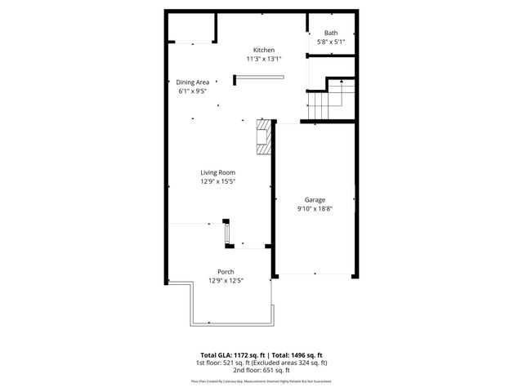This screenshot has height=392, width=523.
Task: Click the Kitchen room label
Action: click(x=263, y=50)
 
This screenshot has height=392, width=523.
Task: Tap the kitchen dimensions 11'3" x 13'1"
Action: click(x=263, y=59)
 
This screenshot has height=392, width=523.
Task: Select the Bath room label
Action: click(x=330, y=33)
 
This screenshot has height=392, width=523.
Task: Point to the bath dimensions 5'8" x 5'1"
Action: click(x=330, y=42)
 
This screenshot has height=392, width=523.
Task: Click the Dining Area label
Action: click(x=193, y=82)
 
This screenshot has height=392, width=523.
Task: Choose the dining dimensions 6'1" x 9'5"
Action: click(x=193, y=91)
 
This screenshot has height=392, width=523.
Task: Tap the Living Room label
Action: click(x=218, y=172)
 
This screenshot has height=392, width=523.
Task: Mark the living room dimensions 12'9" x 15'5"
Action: click(x=218, y=181)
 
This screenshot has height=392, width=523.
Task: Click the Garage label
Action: click(x=315, y=199)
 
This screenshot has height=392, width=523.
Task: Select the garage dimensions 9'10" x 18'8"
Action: click(x=315, y=208)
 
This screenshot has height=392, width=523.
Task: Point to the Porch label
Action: click(x=226, y=271)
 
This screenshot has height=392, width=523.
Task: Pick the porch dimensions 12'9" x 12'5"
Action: click(x=226, y=280)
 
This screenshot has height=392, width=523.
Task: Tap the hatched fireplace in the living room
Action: click(x=264, y=137)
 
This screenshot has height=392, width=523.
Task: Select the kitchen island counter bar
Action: click(x=259, y=78)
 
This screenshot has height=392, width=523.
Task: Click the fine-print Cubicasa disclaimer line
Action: click(x=261, y=381)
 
